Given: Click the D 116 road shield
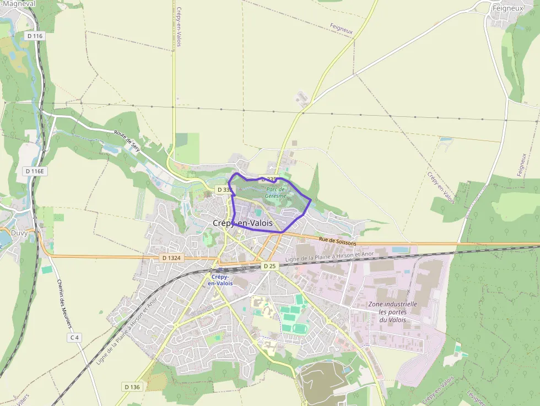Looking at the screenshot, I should coord(34,36).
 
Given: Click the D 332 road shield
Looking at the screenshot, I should coord(224,190).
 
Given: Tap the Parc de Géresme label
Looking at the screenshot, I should coord(275,192).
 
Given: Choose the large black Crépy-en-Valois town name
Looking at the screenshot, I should coord(242,223).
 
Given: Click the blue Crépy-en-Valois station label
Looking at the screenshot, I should coord(220,280).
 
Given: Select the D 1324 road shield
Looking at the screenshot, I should coord(172,258).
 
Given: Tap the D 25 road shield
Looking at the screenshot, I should coord(269,266).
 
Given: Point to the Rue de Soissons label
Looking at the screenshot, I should coord(337,240).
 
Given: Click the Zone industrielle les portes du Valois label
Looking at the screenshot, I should coord(392,312).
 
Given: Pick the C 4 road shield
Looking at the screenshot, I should coord(75,337).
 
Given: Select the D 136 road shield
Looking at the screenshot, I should coord(132,387).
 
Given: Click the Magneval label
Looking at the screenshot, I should coord(20,4).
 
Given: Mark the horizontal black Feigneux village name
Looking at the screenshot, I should coord(507,9).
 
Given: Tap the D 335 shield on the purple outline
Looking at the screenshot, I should coord(269,179).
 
